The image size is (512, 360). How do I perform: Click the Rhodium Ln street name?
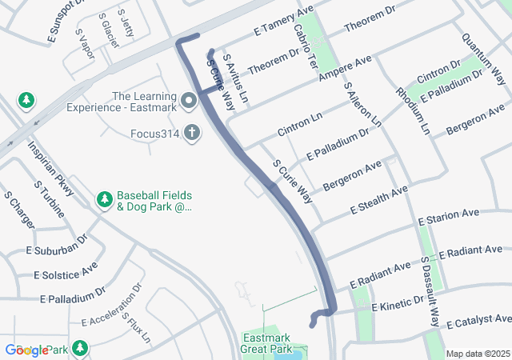pyautogui.click(x=413, y=110)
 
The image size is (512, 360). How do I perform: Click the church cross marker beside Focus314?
pyautogui.click(x=192, y=132)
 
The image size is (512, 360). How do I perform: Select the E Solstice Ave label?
pyautogui.click(x=66, y=269)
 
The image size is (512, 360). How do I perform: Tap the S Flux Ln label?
pyautogui.click(x=135, y=326)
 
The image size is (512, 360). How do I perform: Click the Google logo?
pyautogui.click(x=26, y=350)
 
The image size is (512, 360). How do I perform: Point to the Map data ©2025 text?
pyautogui.click(x=477, y=354)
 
